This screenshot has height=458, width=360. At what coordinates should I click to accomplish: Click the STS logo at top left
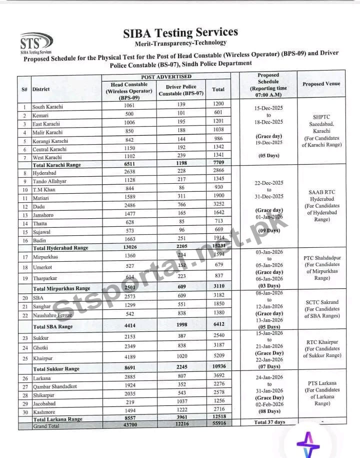coord(35,42)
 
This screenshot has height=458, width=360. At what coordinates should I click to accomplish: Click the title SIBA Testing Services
coord(180,33)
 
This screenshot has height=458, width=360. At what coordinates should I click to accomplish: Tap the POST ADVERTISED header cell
coord(166,77)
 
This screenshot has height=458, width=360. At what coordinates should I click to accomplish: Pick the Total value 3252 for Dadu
coord(218,206)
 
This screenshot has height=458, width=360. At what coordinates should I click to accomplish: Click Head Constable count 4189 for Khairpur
coord(129,358)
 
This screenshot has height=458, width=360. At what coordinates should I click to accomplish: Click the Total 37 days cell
coord(269,422)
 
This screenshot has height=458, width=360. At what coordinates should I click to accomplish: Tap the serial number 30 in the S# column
coord(24,411)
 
